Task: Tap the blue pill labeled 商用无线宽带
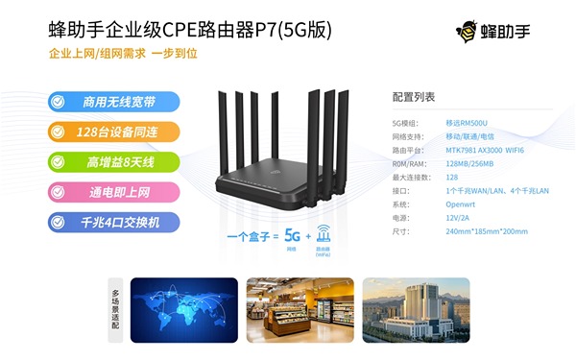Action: pyautogui.click(x=114, y=101)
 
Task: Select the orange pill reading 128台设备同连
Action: pyautogui.click(x=114, y=132)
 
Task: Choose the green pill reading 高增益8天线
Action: pyautogui.click(x=114, y=161)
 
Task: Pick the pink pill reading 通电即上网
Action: pyautogui.click(x=114, y=192)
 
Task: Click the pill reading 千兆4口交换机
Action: pyautogui.click(x=114, y=223)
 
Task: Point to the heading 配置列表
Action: pyautogui.click(x=414, y=98)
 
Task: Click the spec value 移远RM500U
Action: pyautogui.click(x=466, y=124)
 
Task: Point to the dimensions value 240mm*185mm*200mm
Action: pyautogui.click(x=487, y=231)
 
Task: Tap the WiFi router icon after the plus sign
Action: pyautogui.click(x=324, y=233)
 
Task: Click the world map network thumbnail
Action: pyautogui.click(x=183, y=309)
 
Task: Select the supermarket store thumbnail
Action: pyautogui.click(x=300, y=309)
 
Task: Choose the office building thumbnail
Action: pyautogui.click(x=416, y=309)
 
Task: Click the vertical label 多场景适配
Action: pyautogui.click(x=116, y=309)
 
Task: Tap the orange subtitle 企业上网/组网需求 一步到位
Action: pyautogui.click(x=123, y=54)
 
